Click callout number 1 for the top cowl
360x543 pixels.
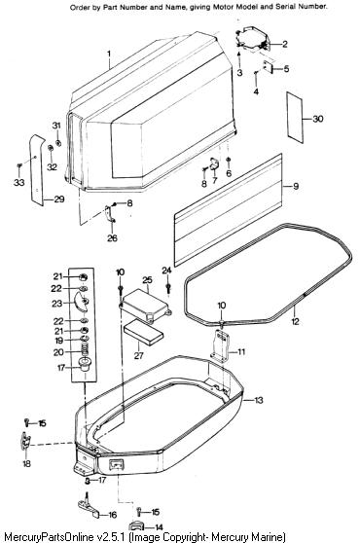pyautogui.click(x=109, y=54)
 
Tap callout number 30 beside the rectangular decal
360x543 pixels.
pyautogui.click(x=318, y=119)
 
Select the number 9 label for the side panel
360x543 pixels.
pyautogui.click(x=296, y=186)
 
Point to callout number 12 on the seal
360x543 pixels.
pyautogui.click(x=295, y=321)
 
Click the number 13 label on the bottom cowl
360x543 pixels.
pyautogui.click(x=259, y=400)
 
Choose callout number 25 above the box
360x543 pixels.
pyautogui.click(x=147, y=280)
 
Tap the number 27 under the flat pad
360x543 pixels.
pyautogui.click(x=138, y=355)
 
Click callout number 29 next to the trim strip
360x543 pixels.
pyautogui.click(x=59, y=199)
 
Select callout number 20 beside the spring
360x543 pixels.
pyautogui.click(x=58, y=352)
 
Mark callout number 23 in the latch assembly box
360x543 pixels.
pyautogui.click(x=56, y=304)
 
